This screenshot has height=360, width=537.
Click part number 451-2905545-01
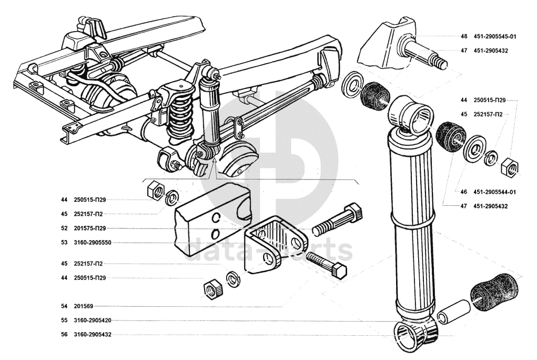(x=494, y=37)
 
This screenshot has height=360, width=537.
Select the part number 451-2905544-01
(x=494, y=192)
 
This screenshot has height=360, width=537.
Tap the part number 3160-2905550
(x=94, y=243)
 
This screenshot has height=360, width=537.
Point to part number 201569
(x=84, y=306)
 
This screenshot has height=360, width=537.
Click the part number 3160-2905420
(x=93, y=320)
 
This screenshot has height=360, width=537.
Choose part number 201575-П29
(x=90, y=228)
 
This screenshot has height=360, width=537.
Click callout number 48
(x=464, y=37)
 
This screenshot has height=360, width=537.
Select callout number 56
(x=64, y=334)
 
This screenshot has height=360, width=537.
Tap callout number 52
(x=64, y=228)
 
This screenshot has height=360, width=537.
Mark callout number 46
(x=464, y=192)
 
